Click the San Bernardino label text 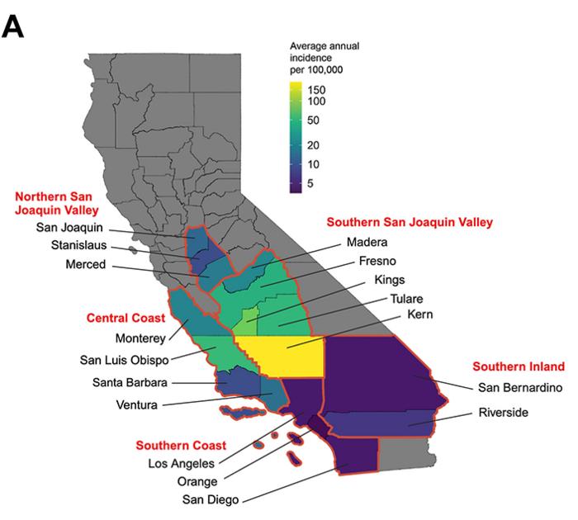coord(520,387)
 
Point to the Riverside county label coord(505,414)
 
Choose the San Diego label coord(211,499)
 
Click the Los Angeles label coord(182,463)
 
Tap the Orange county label coord(197,481)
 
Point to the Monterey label coord(141,338)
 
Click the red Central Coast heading coord(124,317)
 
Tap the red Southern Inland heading coord(518,366)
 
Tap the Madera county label coord(367,242)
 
